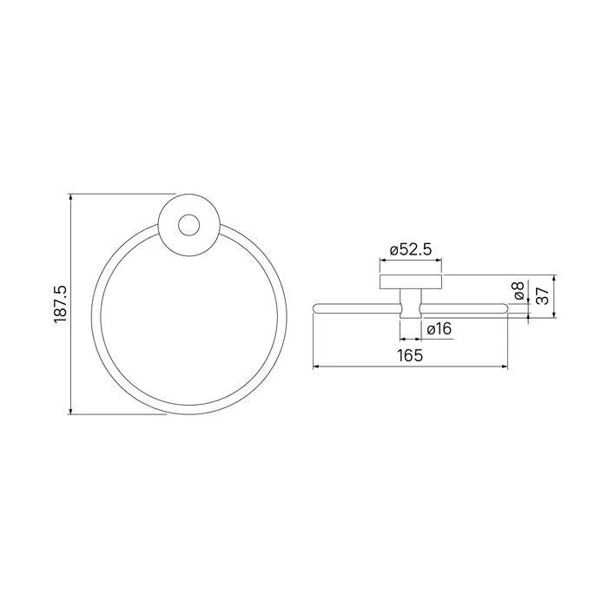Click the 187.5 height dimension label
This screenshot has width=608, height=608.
61,304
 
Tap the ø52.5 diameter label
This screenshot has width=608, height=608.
411,250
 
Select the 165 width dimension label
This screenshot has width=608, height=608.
410,355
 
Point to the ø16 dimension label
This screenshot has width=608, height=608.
439,329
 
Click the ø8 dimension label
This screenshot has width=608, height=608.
519,290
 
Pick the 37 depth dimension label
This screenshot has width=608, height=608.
544,296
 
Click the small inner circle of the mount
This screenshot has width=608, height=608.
188,225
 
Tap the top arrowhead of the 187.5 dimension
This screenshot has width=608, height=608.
70,197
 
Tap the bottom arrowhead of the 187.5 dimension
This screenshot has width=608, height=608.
70,411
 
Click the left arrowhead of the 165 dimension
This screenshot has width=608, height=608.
316,366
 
